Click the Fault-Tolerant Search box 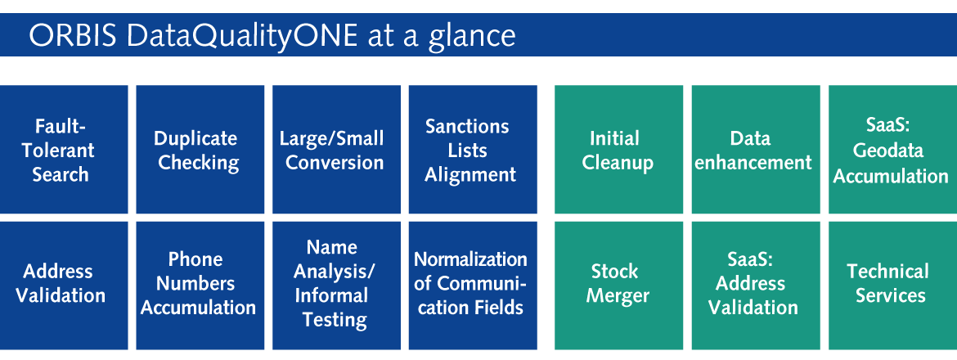[x=64, y=150]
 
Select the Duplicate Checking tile [x=200, y=150]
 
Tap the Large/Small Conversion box [x=336, y=150]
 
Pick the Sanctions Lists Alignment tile [x=473, y=150]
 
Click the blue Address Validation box [x=64, y=286]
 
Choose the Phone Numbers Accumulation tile [x=200, y=286]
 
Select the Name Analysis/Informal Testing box [x=336, y=286]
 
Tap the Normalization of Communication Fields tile [x=473, y=286]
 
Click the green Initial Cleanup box [x=619, y=150]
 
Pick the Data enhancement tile [x=756, y=150]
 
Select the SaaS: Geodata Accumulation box [x=893, y=150]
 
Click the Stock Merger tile [x=619, y=286]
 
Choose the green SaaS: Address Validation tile [x=756, y=286]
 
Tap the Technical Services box [x=893, y=286]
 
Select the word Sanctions [x=467, y=126]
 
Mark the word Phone [x=195, y=259]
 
